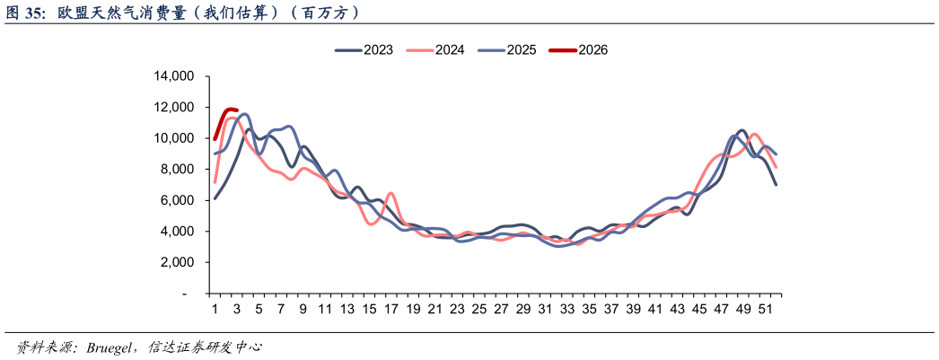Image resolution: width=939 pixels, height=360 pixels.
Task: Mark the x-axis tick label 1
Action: coord(215,310)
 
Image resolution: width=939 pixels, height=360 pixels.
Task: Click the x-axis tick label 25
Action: coord(479,310)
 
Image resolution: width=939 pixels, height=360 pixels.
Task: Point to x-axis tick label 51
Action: coord(765,310)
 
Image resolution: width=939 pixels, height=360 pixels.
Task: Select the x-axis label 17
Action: coord(391,310)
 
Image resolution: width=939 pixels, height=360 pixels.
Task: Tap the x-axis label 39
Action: coord(633,310)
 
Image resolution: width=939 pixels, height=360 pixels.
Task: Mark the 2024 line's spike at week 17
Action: coord(391,193)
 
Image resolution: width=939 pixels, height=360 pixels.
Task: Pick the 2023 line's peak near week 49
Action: coord(742,131)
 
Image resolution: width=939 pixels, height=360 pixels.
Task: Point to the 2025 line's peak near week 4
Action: coord(245,114)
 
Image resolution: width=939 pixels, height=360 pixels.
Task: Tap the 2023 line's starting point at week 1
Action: coord(215,198)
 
